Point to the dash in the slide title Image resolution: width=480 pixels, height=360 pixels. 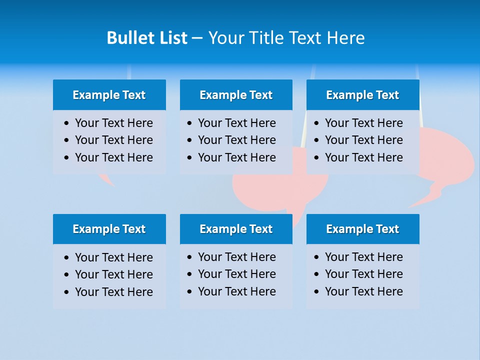coord(197,38)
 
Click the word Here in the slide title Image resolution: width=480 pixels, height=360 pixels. coord(345,38)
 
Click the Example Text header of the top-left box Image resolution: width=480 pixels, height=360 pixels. coord(109,95)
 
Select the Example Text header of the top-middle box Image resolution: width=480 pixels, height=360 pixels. coord(236,95)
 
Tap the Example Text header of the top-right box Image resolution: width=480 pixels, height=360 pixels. coord(362,95)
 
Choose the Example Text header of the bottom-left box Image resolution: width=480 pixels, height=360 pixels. coord(109,229)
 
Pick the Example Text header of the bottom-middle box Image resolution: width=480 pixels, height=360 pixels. coord(236,229)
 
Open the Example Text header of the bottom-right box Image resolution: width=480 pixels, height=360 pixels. coord(362,229)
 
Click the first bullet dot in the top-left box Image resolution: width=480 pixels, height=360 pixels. coord(67,123)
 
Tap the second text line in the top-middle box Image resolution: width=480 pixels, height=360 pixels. coord(236,140)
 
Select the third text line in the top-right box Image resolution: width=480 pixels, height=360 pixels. coord(363,157)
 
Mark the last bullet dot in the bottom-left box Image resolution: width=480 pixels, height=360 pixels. coord(67,292)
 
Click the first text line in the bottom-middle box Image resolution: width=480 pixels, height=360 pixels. coord(236,257)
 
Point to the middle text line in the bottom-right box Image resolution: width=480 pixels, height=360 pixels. coord(363,274)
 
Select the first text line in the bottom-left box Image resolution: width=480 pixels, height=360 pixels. coord(113,257)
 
